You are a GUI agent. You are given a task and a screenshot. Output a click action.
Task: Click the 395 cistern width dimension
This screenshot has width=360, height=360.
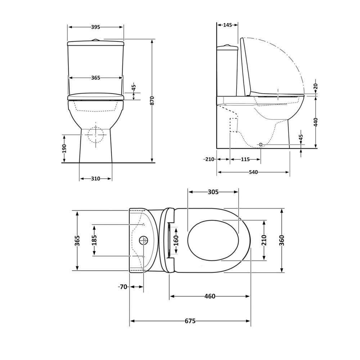pyautogui.click(x=95, y=27)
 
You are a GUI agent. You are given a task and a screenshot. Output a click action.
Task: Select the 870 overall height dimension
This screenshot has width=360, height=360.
pyautogui.click(x=152, y=100)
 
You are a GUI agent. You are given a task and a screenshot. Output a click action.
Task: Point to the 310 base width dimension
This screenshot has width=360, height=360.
pyautogui.click(x=95, y=179)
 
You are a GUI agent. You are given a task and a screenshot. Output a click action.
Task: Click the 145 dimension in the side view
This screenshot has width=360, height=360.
pyautogui.click(x=227, y=25)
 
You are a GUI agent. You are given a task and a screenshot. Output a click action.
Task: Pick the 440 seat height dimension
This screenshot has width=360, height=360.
pyautogui.click(x=316, y=122)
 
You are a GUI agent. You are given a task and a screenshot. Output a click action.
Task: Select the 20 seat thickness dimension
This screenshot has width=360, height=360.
pyautogui.click(x=316, y=86)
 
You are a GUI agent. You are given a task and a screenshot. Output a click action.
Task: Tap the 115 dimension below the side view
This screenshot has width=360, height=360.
pyautogui.click(x=245, y=159)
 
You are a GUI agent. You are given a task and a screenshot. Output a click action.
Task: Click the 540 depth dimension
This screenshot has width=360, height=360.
pyautogui.click(x=253, y=172)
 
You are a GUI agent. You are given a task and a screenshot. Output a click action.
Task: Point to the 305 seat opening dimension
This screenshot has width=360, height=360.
pyautogui.click(x=213, y=192)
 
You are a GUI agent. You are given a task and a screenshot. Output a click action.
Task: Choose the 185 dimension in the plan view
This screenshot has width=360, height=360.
pyautogui.click(x=94, y=240)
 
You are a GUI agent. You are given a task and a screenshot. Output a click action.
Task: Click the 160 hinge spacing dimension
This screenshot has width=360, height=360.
pyautogui.click(x=176, y=240)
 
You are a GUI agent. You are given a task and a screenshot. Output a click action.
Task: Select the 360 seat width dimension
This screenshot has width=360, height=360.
pyautogui.click(x=282, y=240)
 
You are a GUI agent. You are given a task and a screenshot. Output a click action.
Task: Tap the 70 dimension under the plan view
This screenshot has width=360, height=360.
pyautogui.click(x=123, y=287)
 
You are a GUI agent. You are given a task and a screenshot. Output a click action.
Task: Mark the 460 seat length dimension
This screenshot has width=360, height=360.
pyautogui.click(x=210, y=296)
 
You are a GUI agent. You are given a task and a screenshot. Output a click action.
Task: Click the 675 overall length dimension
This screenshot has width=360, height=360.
pyautogui.click(x=190, y=321)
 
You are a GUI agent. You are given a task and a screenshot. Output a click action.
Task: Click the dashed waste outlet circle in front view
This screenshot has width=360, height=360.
pyautogui.click(x=96, y=135)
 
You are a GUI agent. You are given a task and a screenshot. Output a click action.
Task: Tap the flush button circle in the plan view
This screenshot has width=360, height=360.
pyautogui.click(x=143, y=240)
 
